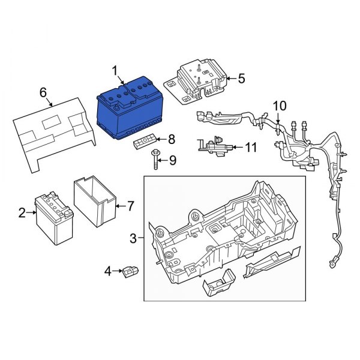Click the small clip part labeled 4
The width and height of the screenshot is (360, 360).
click(x=131, y=273)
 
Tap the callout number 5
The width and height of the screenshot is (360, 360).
click(x=241, y=78)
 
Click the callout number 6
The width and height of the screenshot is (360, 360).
click(x=43, y=92)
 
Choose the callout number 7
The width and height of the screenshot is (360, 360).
click(x=127, y=206)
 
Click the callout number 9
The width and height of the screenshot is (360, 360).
click(x=172, y=160)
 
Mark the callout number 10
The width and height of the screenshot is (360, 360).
click(x=280, y=106)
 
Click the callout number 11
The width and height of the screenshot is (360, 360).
click(x=250, y=146)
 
